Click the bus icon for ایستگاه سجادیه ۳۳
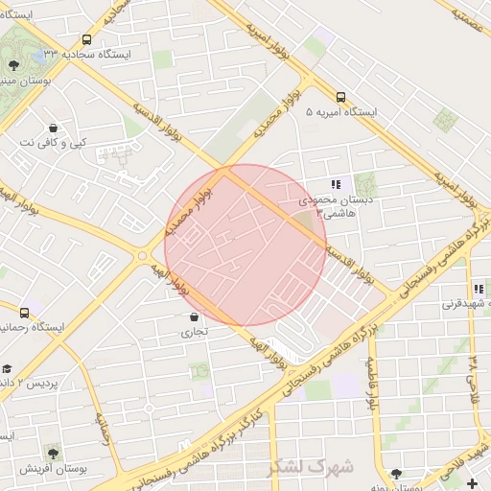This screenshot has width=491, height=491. tap(87, 40)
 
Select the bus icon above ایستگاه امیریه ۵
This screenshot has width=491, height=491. tap(340, 96)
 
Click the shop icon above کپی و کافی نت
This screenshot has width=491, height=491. tap(52, 128)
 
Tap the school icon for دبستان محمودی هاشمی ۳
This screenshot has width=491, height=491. tap(335, 184)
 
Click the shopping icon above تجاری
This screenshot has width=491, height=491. tap(194, 316)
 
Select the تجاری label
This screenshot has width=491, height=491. tap(194, 333)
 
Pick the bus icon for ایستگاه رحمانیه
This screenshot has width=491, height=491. tap(25, 313)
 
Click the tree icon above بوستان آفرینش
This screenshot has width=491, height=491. tap(52, 452)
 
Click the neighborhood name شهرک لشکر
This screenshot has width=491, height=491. tap(311, 467)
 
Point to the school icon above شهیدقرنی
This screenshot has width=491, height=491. tap(478, 289)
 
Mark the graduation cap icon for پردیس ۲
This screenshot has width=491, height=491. tap(6, 368)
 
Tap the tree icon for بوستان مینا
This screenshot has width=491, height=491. tap(13, 65)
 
